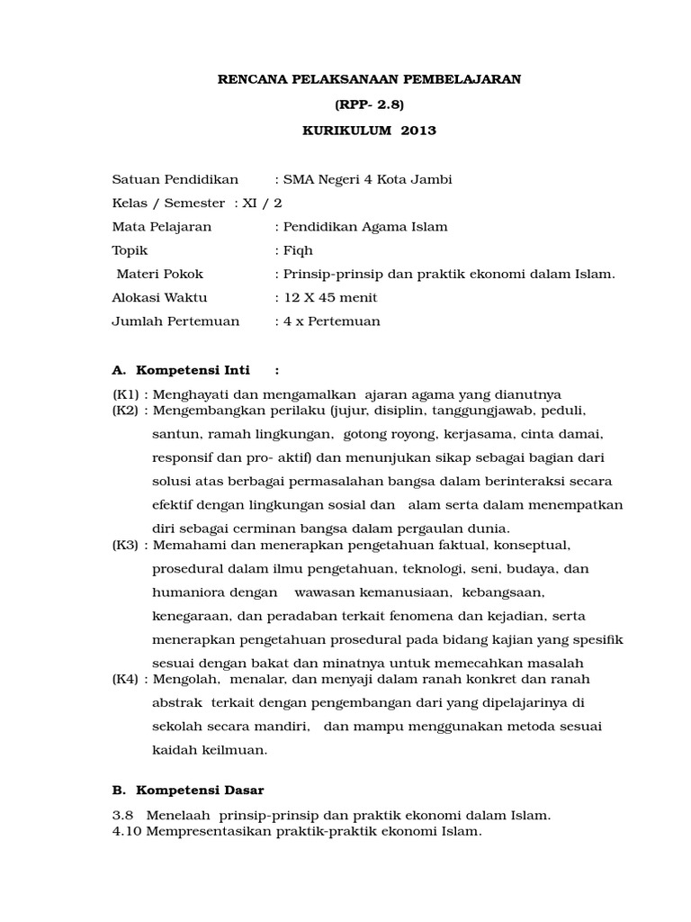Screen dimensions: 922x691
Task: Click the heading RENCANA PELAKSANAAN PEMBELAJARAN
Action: point(370,79)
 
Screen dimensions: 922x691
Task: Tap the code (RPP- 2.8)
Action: point(369,104)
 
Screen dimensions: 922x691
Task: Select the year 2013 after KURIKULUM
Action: point(417,131)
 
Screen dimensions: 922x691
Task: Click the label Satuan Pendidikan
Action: point(166,179)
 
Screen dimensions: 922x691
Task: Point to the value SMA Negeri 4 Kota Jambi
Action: point(368,179)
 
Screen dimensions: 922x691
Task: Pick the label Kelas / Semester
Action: point(168,203)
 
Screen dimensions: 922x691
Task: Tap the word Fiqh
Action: point(299,250)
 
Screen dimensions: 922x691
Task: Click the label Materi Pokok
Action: point(159,275)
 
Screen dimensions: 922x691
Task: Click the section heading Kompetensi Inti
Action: point(188,369)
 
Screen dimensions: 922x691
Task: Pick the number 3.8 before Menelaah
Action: point(121,816)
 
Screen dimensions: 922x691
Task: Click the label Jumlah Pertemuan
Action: point(175,321)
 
